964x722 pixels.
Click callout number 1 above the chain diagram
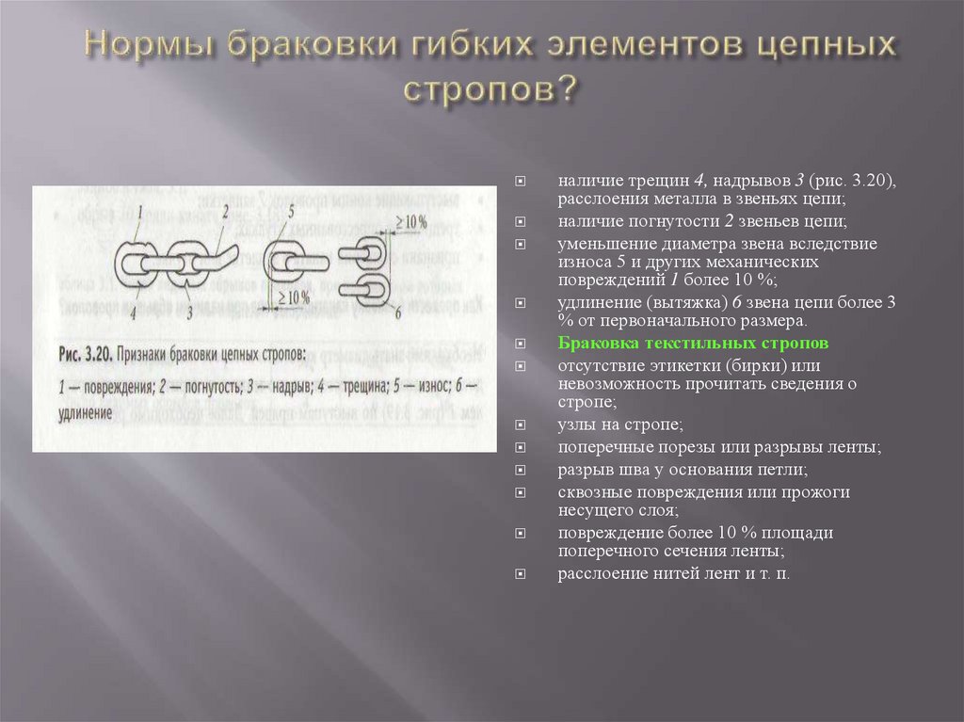[138, 212]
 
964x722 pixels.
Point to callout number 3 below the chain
[190, 312]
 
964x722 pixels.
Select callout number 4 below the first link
[135, 312]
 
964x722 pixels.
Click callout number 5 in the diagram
[292, 210]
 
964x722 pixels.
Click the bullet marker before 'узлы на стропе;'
[521, 426]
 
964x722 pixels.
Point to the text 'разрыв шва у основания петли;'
[682, 469]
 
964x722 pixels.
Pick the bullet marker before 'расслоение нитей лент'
[521, 572]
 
